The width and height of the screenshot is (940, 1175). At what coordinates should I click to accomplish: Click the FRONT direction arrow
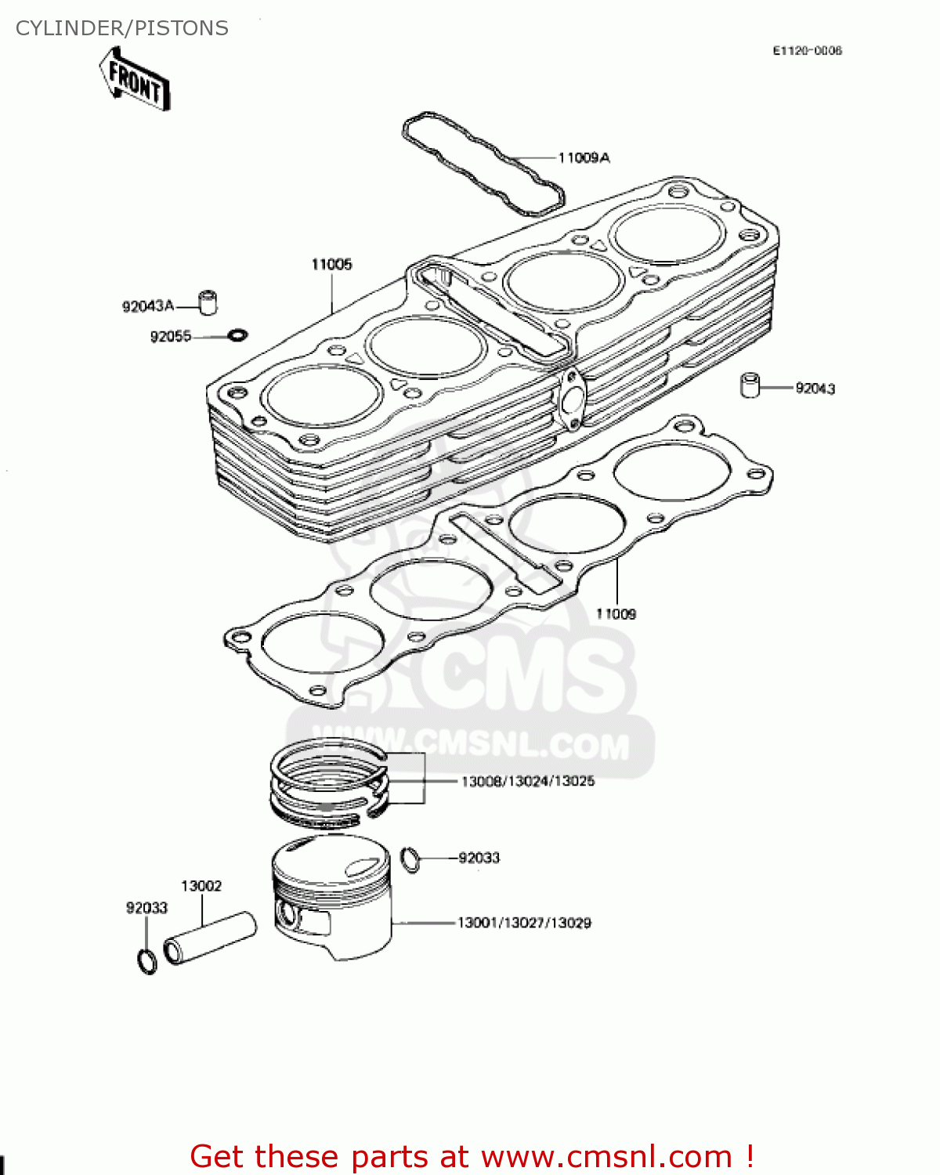[135, 79]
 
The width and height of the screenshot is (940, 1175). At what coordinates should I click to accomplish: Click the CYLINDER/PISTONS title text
[122, 28]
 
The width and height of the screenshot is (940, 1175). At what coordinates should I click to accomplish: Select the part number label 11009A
[584, 157]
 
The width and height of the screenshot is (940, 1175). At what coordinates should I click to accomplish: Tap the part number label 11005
[331, 264]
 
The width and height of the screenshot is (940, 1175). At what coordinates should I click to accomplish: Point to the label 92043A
[147, 306]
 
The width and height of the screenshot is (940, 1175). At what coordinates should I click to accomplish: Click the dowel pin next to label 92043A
[208, 302]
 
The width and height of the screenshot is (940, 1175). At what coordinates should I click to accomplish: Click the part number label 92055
[170, 337]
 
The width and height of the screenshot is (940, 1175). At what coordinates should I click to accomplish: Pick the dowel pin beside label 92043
[750, 385]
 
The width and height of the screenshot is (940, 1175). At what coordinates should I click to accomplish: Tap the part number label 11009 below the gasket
[616, 614]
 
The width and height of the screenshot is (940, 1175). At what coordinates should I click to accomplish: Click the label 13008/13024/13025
[527, 781]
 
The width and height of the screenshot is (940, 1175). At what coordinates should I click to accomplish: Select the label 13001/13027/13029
[524, 923]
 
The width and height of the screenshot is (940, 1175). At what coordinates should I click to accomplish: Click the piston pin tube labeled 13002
[210, 938]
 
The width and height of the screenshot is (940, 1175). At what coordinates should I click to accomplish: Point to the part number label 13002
[201, 886]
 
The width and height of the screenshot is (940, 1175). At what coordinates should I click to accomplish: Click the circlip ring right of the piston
[410, 859]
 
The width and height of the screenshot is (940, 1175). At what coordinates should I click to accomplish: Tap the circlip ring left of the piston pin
[146, 961]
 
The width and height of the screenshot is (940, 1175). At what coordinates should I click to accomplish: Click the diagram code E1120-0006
[807, 51]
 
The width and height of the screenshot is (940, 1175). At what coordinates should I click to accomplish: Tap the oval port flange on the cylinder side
[571, 399]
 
